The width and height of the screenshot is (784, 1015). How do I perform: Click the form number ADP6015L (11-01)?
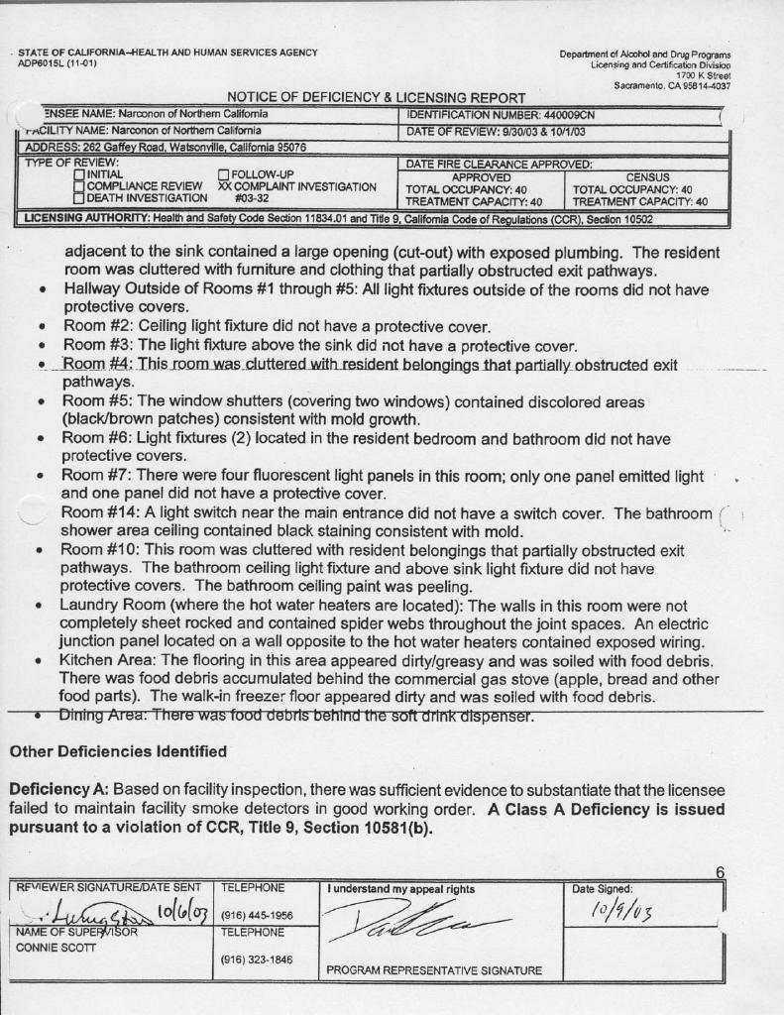click(x=56, y=62)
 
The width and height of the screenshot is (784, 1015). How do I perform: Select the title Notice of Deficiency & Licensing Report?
click(x=377, y=97)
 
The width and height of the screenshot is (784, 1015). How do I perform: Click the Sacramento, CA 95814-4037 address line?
click(x=672, y=86)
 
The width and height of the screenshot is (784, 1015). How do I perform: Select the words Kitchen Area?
click(x=108, y=659)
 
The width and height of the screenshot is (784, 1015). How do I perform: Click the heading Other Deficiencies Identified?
click(x=118, y=751)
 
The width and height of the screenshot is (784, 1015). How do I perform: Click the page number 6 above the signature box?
click(x=720, y=872)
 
